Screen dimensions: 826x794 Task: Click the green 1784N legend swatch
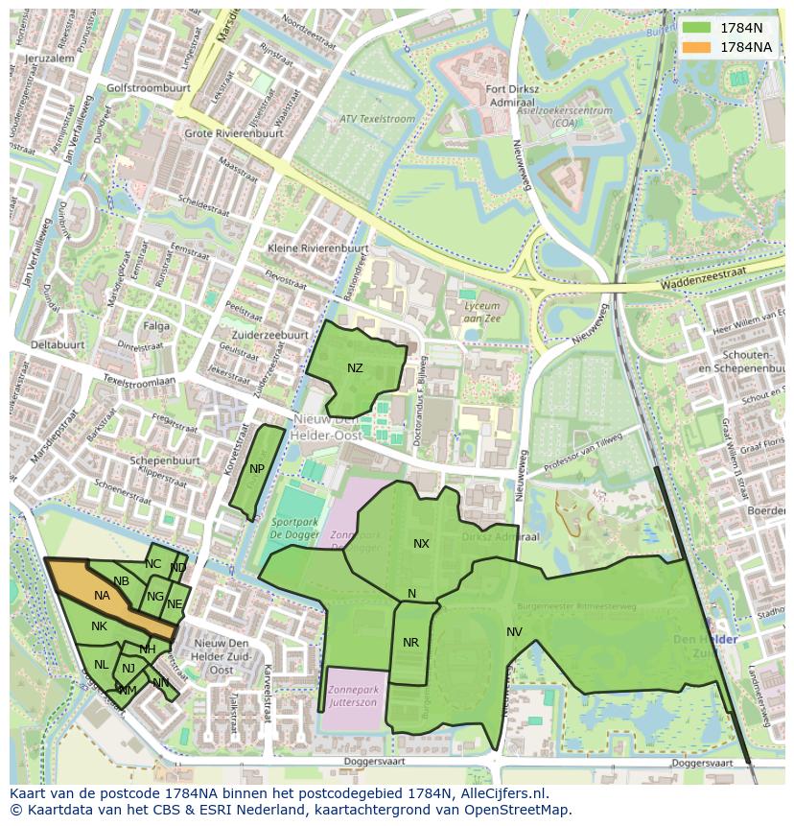(697, 28)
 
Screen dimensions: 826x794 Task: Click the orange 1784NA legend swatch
(697, 47)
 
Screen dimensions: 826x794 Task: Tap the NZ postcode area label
(355, 368)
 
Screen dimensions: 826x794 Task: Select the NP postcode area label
(257, 469)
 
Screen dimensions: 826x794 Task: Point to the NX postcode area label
(421, 544)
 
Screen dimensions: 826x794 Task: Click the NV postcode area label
(514, 631)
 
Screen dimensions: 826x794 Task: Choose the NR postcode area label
(410, 643)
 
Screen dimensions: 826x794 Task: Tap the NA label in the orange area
(102, 596)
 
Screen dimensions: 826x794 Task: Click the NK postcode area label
(99, 626)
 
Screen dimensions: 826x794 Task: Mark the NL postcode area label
(101, 665)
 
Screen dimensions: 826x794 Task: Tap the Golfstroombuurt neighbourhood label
(149, 87)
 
